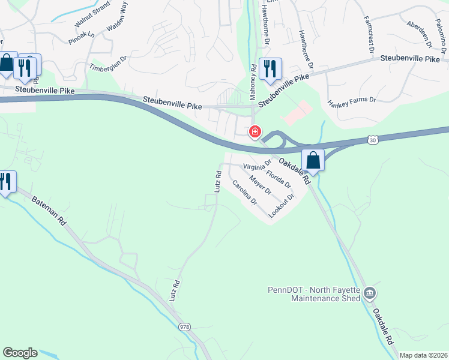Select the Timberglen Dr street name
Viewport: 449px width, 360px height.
click(x=109, y=64)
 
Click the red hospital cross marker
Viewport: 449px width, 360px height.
click(x=255, y=131)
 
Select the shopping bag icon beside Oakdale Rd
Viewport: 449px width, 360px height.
click(x=313, y=160)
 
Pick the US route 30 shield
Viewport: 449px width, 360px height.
click(x=373, y=140)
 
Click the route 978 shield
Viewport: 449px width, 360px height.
click(x=185, y=327)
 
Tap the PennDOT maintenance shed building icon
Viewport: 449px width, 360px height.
click(x=369, y=293)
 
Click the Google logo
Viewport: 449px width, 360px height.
click(x=20, y=353)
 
